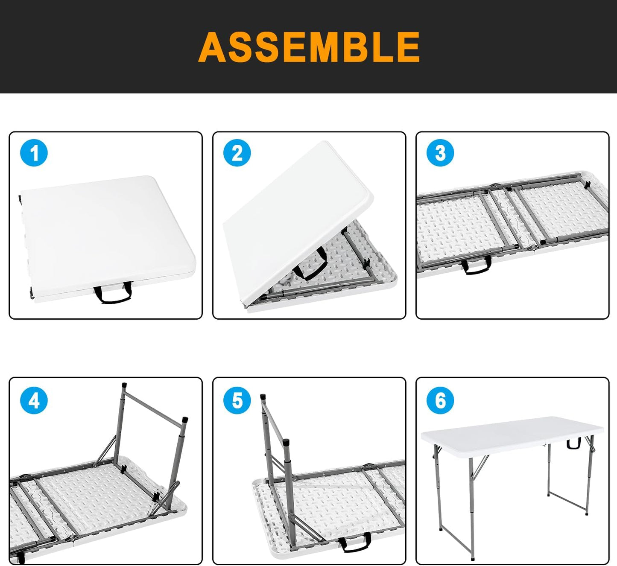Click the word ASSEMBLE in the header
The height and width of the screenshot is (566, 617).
click(309, 47)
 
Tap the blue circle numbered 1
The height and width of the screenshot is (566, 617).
click(34, 153)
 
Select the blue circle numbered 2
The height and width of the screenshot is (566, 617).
click(237, 153)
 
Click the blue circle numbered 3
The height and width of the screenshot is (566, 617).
click(440, 153)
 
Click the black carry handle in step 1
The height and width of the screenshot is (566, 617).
click(113, 295)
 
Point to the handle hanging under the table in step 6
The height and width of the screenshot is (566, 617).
click(573, 444)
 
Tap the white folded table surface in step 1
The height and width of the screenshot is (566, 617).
click(107, 230)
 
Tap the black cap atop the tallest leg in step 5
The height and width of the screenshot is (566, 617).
click(263, 397)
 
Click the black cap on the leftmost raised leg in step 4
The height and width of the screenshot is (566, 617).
click(124, 385)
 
